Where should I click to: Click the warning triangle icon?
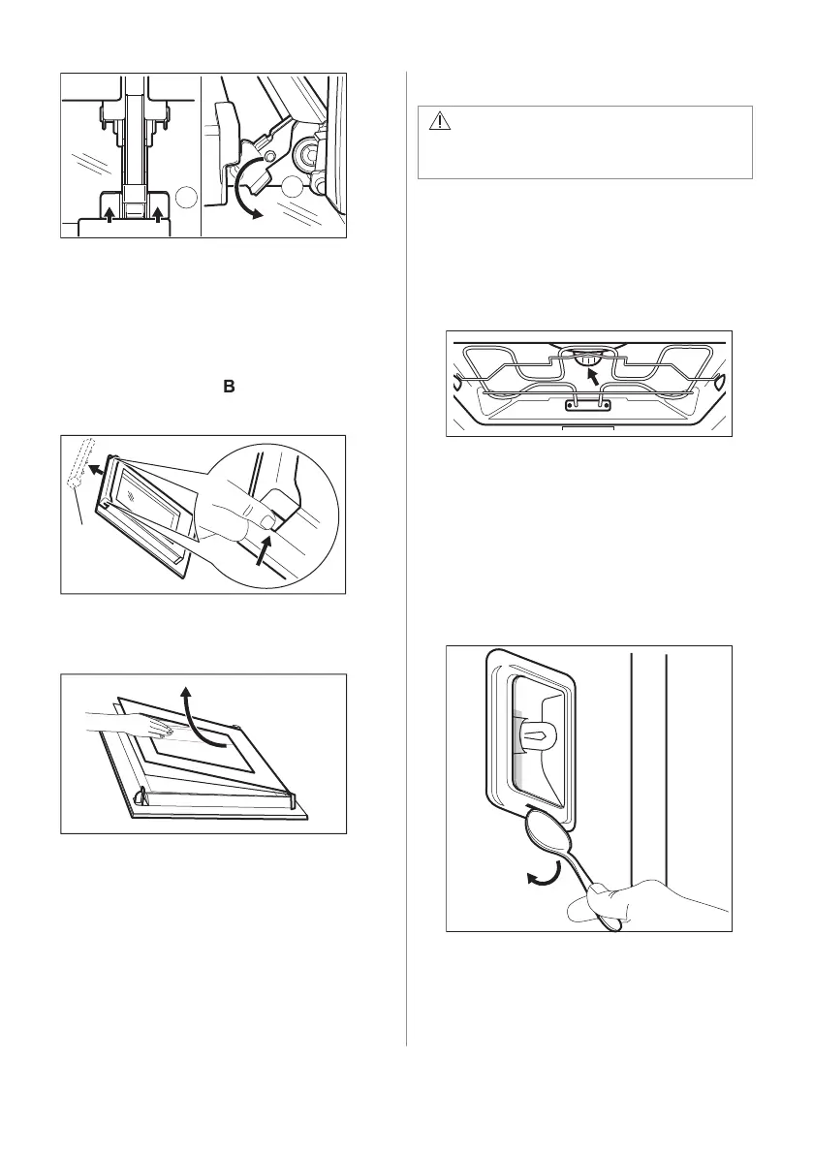point(441,120)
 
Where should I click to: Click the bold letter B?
point(230,387)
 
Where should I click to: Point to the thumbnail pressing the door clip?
point(266,524)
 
